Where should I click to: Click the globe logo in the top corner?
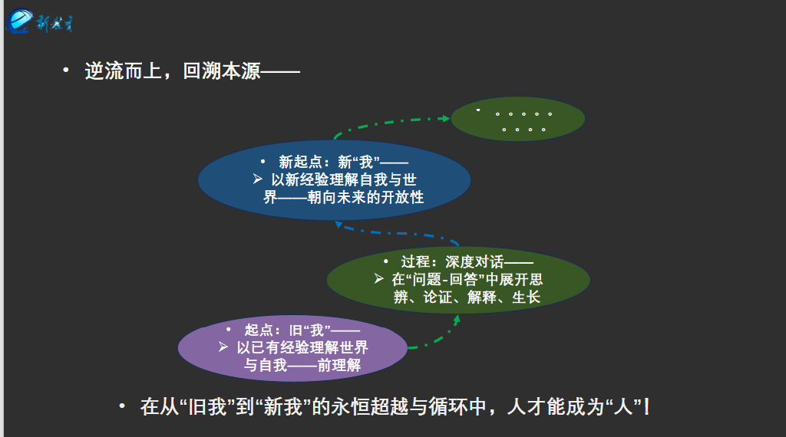pos(20,20)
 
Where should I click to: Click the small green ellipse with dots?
pos(518,119)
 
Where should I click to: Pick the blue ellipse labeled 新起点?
pos(334,179)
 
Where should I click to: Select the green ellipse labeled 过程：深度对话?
pos(458,279)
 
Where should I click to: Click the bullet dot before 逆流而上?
pos(67,71)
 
